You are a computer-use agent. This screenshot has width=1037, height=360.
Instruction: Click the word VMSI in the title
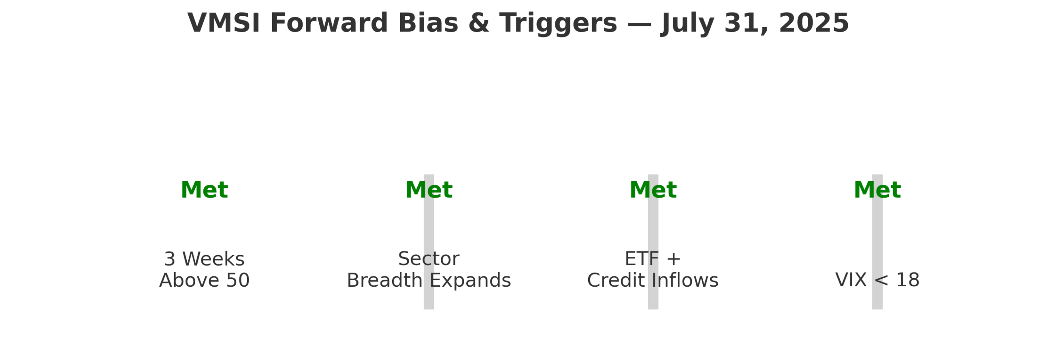tap(224, 23)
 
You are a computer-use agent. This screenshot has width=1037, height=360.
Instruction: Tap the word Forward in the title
tap(329, 23)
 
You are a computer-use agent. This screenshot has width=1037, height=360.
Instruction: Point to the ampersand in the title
tap(478, 23)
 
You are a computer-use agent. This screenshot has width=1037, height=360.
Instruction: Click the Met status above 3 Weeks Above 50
tap(204, 190)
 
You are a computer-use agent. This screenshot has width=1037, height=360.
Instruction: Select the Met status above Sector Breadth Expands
tap(429, 190)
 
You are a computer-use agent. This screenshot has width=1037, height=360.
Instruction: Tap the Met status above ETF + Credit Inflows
tap(653, 190)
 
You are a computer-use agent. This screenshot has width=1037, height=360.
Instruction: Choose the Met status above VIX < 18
tap(877, 190)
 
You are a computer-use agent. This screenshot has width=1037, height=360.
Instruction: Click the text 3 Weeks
tap(204, 259)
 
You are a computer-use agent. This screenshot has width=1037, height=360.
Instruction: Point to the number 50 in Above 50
tap(237, 280)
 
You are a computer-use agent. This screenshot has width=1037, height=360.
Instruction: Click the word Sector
tap(429, 259)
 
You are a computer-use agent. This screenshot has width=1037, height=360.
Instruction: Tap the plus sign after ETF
tap(674, 259)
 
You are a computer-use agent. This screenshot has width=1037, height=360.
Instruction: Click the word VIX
tap(851, 280)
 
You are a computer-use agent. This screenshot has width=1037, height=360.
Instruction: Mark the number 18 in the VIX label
tap(907, 280)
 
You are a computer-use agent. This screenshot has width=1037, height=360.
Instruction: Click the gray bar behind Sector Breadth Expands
tap(429, 242)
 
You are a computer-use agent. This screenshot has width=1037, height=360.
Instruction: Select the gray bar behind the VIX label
tap(877, 242)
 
